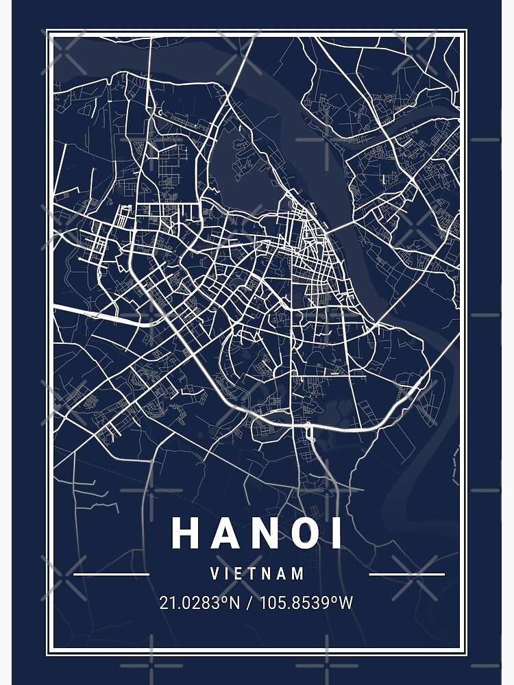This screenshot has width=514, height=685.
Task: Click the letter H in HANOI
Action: pyautogui.click(x=185, y=533)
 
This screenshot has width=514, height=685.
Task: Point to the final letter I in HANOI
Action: pyautogui.click(x=336, y=533)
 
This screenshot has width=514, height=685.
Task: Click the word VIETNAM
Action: pyautogui.click(x=258, y=574)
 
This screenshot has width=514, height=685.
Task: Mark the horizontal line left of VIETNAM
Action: pyautogui.click(x=111, y=574)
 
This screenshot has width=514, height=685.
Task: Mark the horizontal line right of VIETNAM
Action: pyautogui.click(x=407, y=574)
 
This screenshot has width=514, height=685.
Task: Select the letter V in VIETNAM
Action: pyautogui.click(x=215, y=574)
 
